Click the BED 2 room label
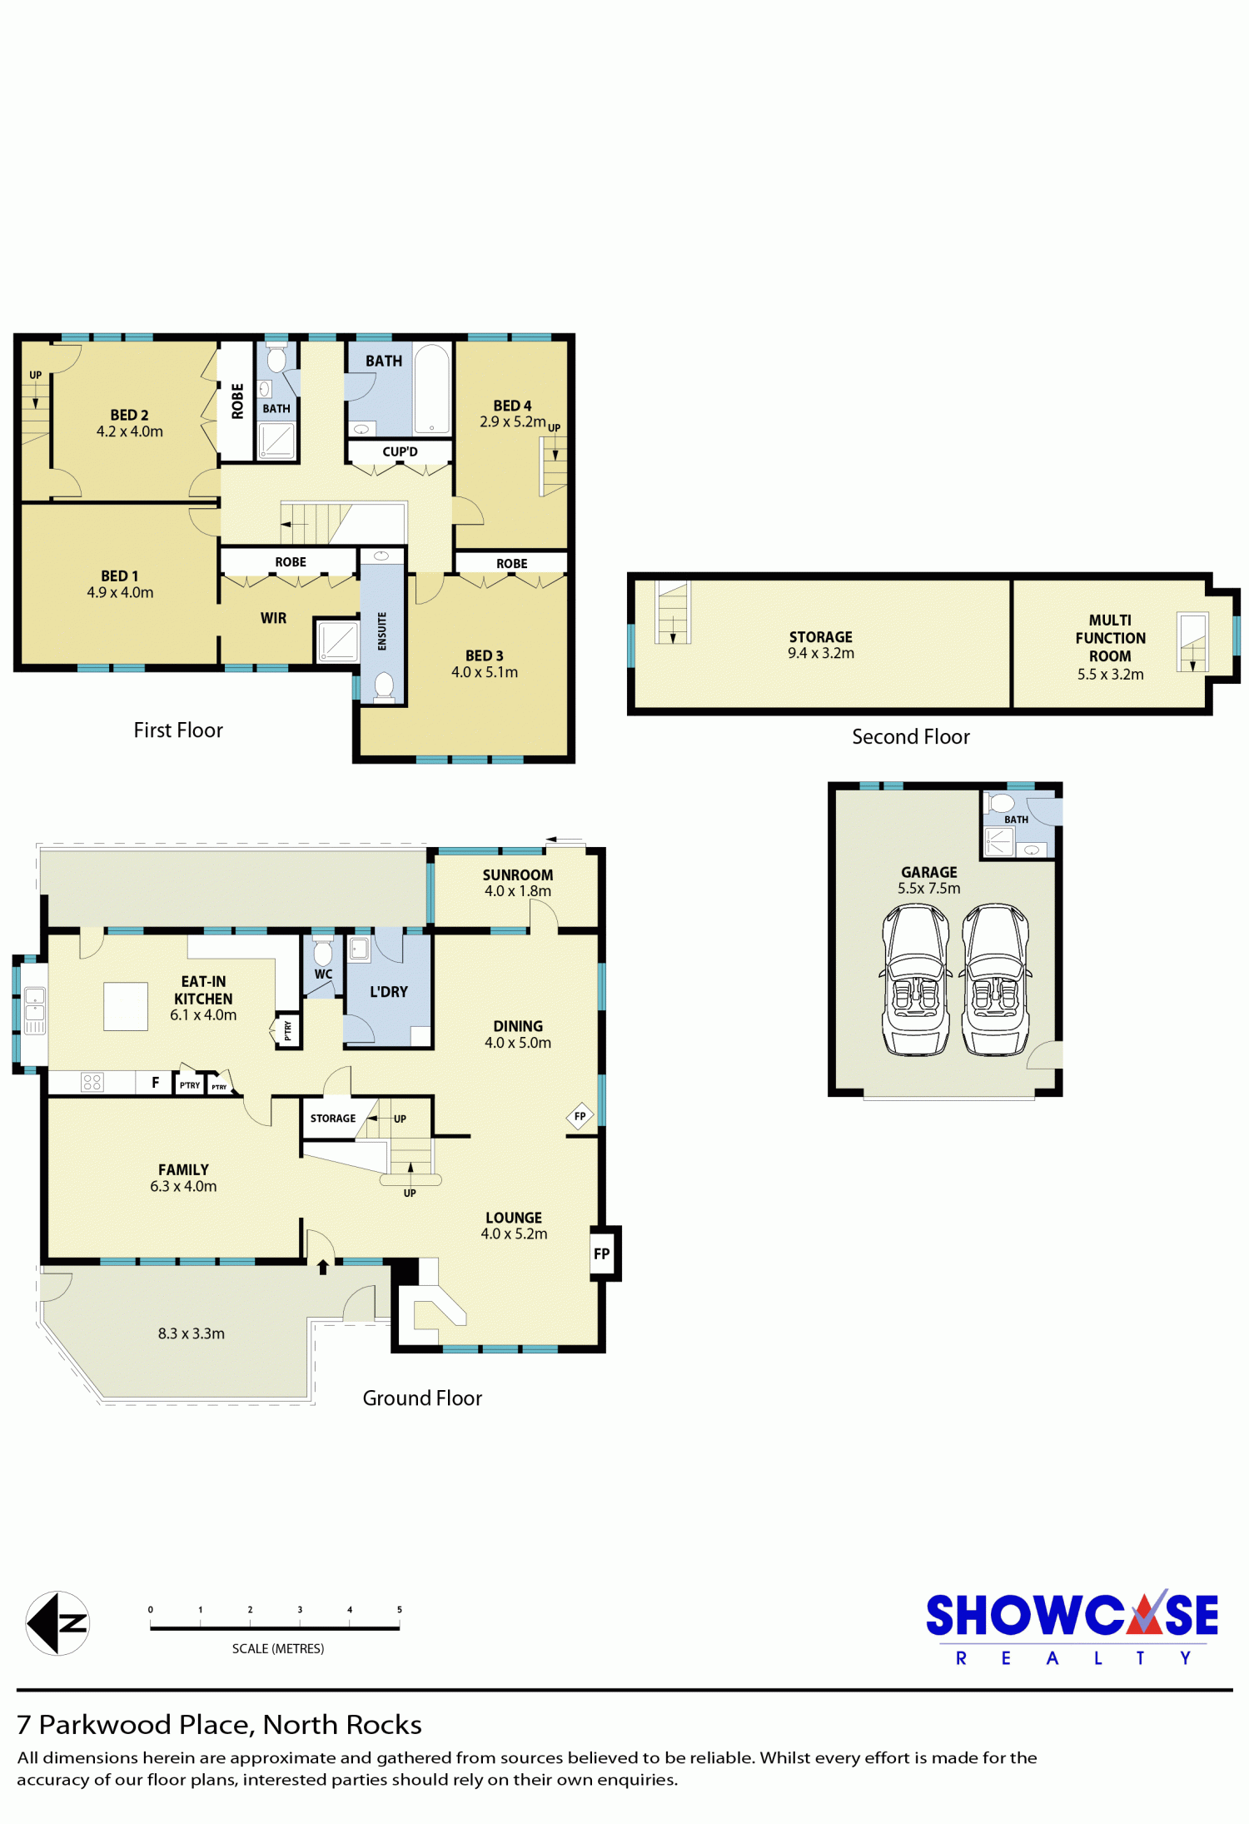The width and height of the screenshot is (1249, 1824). tap(129, 415)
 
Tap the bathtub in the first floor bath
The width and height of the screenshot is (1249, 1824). tap(431, 389)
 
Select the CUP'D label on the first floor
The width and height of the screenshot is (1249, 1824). tap(400, 452)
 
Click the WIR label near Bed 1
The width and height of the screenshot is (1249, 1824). tap(273, 618)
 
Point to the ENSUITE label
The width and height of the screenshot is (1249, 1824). tap(382, 631)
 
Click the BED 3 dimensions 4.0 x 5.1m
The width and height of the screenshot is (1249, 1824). tap(485, 672)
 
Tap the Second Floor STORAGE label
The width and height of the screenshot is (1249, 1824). tap(821, 637)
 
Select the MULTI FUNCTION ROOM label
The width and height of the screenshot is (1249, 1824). tap(1111, 638)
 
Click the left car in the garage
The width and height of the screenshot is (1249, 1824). tap(916, 980)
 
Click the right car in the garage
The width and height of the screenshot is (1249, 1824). tap(996, 980)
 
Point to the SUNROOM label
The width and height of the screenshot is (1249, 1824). tap(518, 875)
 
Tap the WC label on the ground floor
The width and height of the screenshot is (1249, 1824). tap(323, 974)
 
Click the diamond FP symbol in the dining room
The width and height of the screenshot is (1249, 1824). tap(580, 1116)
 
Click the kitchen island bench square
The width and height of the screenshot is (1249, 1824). tap(126, 1007)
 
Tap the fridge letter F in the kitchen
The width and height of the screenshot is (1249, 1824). tap(156, 1083)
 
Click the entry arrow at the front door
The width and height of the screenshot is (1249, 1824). tap(323, 1267)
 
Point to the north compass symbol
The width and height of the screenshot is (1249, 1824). tap(57, 1623)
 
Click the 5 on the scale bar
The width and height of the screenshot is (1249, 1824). tap(400, 1610)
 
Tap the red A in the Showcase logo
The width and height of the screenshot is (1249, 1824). tap(1147, 1614)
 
